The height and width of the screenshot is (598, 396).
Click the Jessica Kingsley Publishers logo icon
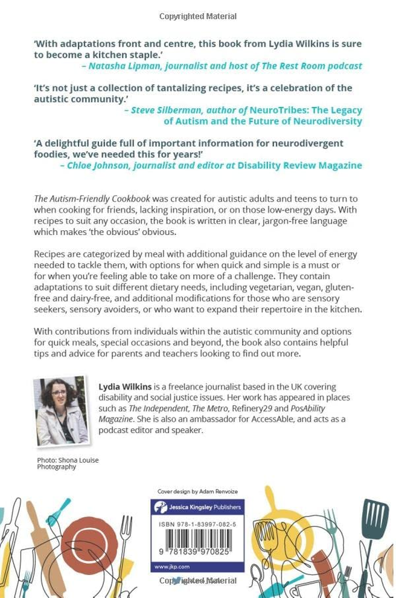159,507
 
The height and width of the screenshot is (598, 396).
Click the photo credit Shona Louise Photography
68,463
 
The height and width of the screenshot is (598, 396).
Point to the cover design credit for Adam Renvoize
198,492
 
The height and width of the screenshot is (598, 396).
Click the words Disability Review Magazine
299,165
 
